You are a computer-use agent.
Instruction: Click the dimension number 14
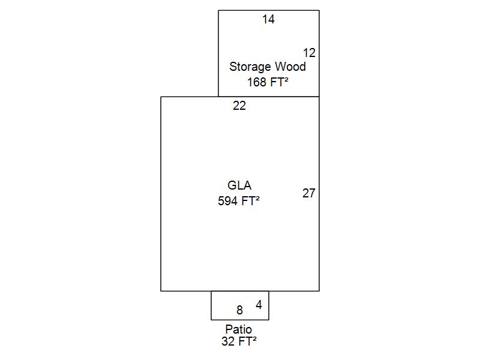pos(268,19)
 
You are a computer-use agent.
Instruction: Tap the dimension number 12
pos(309,53)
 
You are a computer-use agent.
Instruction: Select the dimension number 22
pos(239,106)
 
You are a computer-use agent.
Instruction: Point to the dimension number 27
pos(309,193)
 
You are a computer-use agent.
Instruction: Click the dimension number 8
pos(239,310)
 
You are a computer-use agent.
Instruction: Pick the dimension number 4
pos(259,305)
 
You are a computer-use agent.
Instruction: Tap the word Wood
pos(290,67)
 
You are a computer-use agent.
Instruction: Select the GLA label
pos(239,185)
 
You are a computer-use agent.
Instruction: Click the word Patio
pos(239,329)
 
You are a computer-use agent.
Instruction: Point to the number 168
pos(256,82)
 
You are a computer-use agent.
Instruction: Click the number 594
pos(228,202)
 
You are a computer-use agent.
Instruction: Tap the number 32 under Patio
pos(227,341)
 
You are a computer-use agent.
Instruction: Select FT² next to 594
pos(250,202)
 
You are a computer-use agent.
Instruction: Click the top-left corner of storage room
pos(218,10)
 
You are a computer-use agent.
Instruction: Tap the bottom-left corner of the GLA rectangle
pos(161,291)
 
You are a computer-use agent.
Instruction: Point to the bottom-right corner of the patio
pos(269,320)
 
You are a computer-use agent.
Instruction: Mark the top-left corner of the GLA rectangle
pos(161,97)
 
